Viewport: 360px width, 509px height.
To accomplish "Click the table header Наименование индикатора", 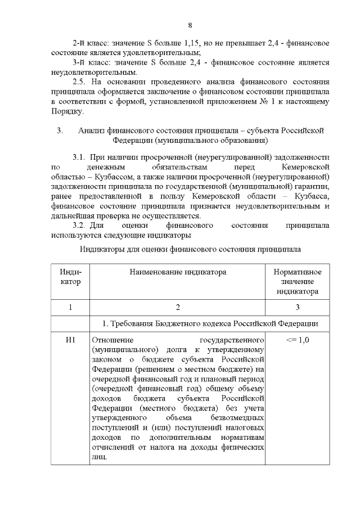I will tap(178, 272).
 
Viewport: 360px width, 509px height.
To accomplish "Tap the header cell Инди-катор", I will tap(70, 277).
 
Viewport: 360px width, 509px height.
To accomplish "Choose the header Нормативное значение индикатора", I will tap(297, 281).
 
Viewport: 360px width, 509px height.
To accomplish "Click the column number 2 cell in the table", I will tap(178, 307).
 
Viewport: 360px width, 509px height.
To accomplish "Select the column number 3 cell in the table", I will tap(297, 307).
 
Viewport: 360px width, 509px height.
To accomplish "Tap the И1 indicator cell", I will tap(70, 340).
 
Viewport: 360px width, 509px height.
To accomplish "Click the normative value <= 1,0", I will tap(297, 340).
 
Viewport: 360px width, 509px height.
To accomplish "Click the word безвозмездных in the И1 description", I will tap(237, 418).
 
